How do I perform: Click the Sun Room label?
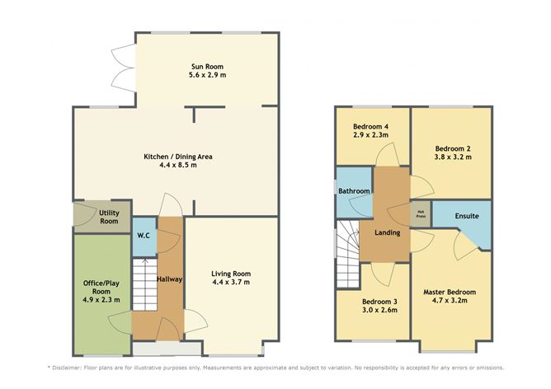pyautogui.click(x=207, y=67)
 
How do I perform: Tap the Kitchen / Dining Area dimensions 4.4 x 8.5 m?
pyautogui.click(x=178, y=165)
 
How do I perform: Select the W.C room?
pyautogui.click(x=144, y=237)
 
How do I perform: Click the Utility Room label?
pyautogui.click(x=109, y=217)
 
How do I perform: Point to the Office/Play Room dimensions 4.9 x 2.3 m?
pyautogui.click(x=101, y=300)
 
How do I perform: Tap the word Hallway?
pyautogui.click(x=169, y=279)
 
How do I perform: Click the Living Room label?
pyautogui.click(x=231, y=274)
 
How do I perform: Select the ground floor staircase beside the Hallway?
pyautogui.click(x=144, y=284)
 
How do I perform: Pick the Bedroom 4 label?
pyautogui.click(x=370, y=126)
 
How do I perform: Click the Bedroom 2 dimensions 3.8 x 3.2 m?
pyautogui.click(x=453, y=157)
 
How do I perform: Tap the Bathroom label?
pyautogui.click(x=354, y=191)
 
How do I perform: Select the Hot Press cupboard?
pyautogui.click(x=421, y=213)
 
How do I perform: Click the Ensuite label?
pyautogui.click(x=467, y=216)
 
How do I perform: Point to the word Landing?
pyautogui.click(x=387, y=232)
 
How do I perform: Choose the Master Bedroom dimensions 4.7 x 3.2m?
pyautogui.click(x=449, y=301)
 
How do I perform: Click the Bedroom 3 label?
pyautogui.click(x=379, y=302)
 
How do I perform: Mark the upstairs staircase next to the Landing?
pyautogui.click(x=348, y=254)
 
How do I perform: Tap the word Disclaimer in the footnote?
pyautogui.click(x=67, y=368)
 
